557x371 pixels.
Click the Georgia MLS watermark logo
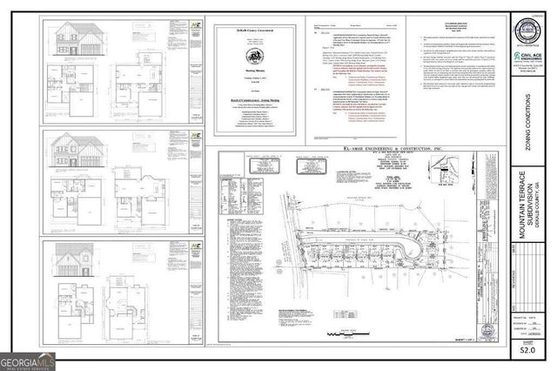(x=27, y=358)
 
